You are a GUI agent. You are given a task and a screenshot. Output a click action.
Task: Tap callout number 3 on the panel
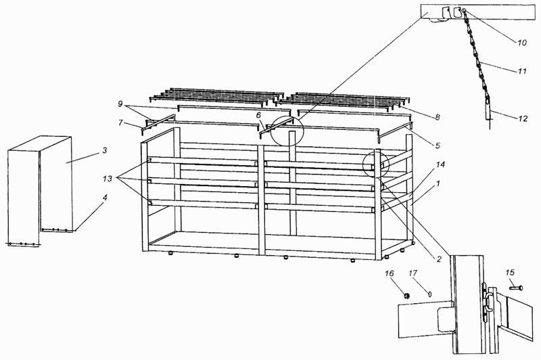[x=104, y=150]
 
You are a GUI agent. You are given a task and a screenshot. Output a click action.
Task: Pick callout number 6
[x=258, y=116]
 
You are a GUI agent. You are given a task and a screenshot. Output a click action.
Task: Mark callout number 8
[x=438, y=117]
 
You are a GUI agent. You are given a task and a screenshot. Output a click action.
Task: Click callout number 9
[x=120, y=104]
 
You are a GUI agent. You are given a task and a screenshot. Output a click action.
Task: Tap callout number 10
[x=521, y=42]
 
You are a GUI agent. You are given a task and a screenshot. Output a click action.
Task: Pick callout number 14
[x=440, y=164]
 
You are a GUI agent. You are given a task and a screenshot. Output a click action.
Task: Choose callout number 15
[x=510, y=272]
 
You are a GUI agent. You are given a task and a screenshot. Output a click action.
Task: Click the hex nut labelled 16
[x=407, y=295]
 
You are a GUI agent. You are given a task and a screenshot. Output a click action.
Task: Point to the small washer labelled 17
[x=430, y=294]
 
